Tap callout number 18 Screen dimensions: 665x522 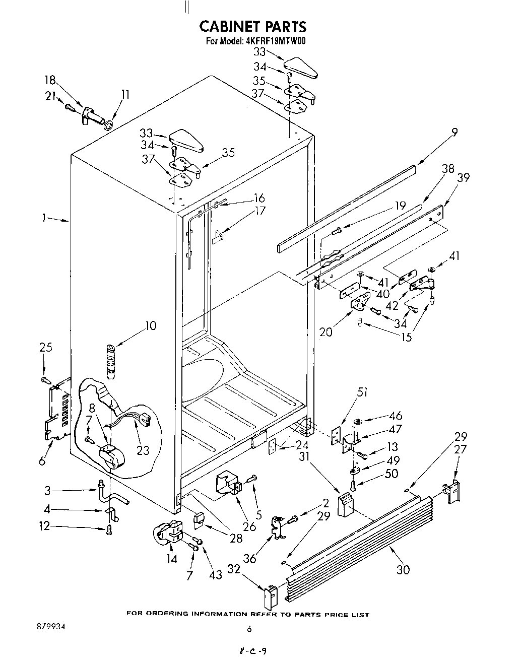click(50, 81)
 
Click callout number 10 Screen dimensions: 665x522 click(151, 325)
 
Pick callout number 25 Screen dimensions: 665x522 click(46, 348)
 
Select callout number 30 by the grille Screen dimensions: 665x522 click(403, 569)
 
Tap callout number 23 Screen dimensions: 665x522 click(143, 450)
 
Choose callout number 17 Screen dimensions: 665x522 click(260, 211)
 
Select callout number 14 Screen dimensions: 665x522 click(172, 559)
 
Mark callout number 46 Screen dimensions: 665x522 click(396, 416)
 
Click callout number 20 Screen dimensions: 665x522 click(325, 332)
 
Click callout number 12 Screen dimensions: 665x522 click(44, 526)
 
